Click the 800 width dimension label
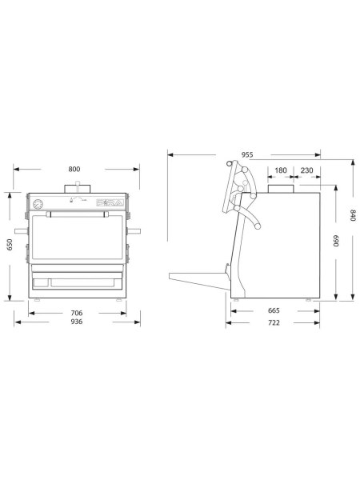pos(74,170)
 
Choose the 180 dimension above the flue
pos(281,170)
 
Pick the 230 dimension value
pos(307,170)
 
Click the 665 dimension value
pos(273,310)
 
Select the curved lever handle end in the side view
pos(258,229)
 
